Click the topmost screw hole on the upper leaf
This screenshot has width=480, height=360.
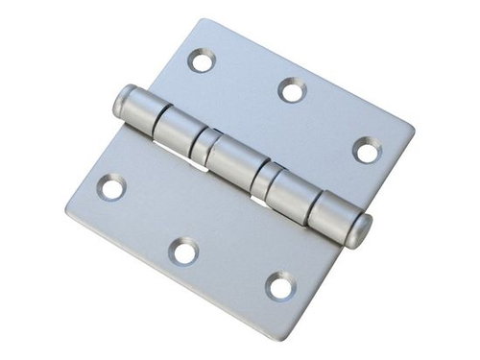pyautogui.click(x=202, y=60)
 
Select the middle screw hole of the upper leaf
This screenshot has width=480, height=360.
pyautogui.click(x=292, y=90)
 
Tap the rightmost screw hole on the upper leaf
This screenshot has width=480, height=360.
pyautogui.click(x=367, y=150)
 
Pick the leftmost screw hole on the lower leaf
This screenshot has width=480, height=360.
pyautogui.click(x=111, y=186)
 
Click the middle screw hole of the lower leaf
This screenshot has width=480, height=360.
pyautogui.click(x=183, y=252)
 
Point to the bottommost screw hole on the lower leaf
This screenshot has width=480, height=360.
pyautogui.click(x=280, y=285)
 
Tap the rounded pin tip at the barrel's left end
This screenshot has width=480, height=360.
pyautogui.click(x=122, y=100)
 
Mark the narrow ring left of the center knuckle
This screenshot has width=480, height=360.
pyautogui.click(x=204, y=145)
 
